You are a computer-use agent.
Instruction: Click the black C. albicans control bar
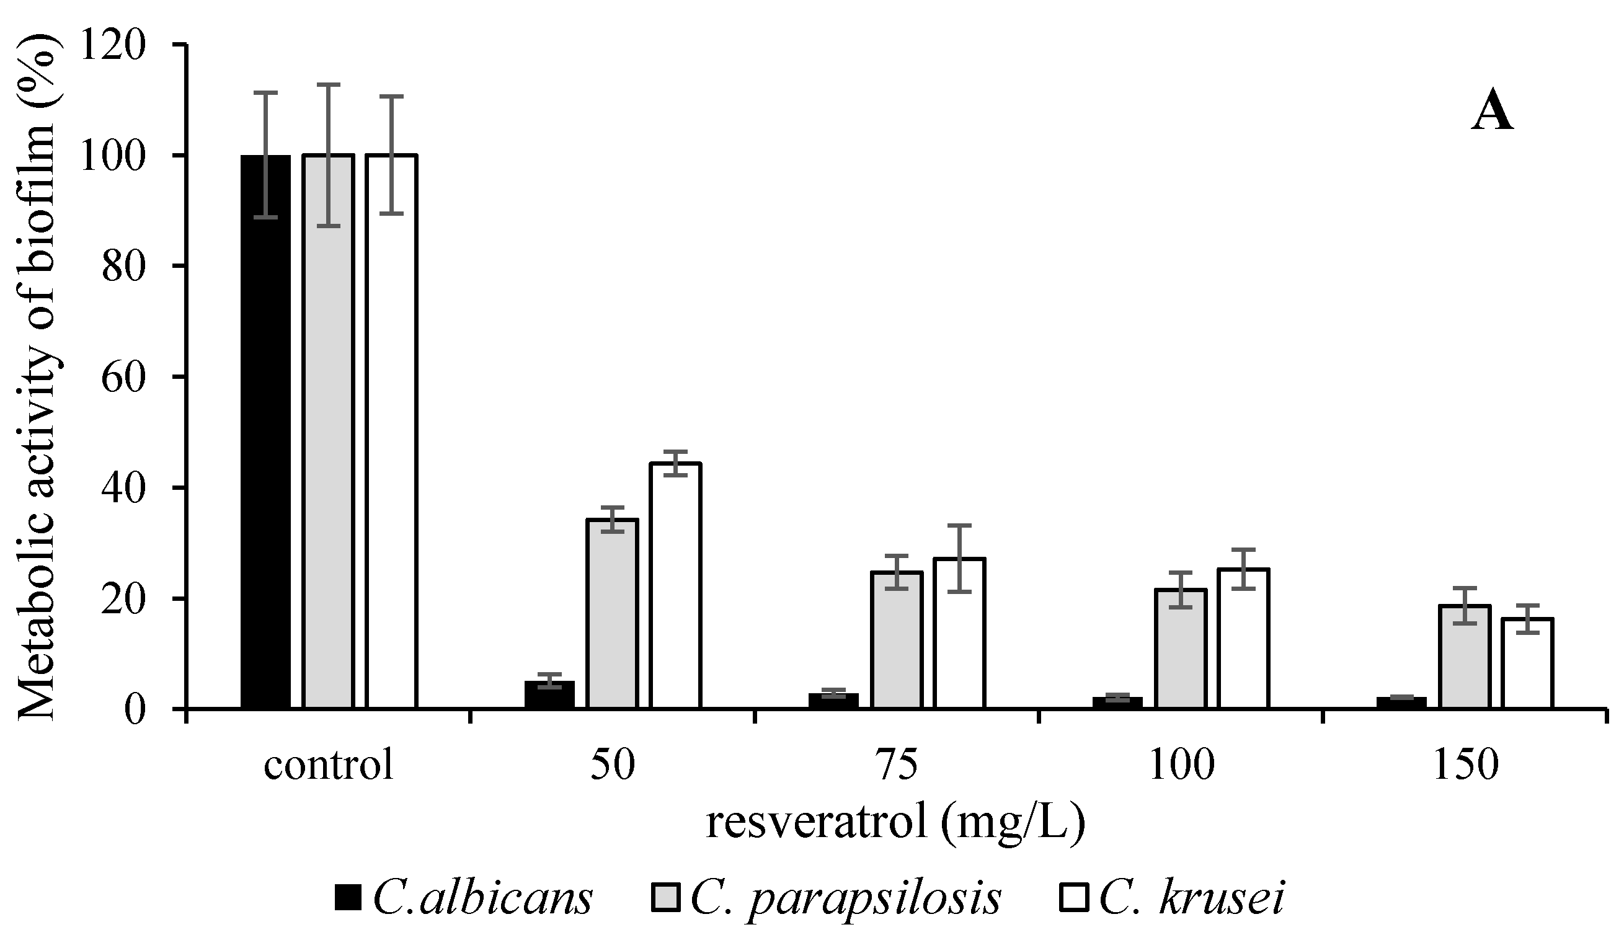click(265, 432)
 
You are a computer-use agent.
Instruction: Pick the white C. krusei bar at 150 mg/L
click(1527, 663)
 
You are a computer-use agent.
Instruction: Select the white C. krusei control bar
click(391, 432)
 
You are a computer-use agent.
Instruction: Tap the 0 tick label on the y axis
click(135, 711)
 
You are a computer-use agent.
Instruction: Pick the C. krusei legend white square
click(1073, 898)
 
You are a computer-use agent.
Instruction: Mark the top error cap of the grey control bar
click(328, 85)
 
